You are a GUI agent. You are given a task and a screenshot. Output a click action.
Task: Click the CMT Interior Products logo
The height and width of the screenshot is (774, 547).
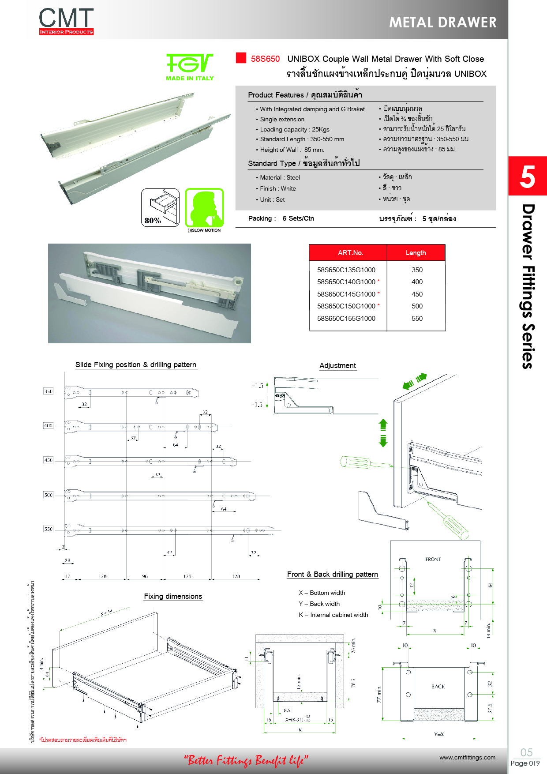66,21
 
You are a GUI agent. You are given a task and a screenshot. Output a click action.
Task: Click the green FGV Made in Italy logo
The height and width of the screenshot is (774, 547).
190,67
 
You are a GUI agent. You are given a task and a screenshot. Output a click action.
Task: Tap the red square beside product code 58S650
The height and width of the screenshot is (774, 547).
241,58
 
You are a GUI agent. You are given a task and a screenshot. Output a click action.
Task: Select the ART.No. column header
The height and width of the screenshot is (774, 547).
350,253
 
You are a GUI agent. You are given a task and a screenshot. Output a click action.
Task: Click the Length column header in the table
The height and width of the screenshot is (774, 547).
416,253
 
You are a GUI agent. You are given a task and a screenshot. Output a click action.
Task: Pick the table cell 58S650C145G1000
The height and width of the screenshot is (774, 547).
346,294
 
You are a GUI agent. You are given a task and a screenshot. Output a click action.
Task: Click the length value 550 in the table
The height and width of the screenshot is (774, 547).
417,318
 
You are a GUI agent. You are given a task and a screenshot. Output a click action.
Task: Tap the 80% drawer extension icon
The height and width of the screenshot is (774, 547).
160,207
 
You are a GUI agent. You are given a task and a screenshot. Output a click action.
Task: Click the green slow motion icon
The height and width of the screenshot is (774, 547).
204,207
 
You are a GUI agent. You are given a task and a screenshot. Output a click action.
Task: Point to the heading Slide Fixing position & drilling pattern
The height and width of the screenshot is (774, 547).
135,365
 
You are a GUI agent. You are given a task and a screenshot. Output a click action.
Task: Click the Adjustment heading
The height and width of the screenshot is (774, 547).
337,366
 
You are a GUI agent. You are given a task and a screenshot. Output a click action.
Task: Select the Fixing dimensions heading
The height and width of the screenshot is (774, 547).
173,597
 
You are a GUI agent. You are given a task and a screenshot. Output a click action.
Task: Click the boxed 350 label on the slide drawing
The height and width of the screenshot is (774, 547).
48,391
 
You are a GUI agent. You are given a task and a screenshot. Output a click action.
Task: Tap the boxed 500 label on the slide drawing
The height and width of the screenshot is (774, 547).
48,495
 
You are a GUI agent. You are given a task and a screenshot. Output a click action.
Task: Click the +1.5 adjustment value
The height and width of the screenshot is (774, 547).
257,386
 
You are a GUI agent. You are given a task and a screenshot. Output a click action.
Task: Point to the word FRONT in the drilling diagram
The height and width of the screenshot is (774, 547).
433,559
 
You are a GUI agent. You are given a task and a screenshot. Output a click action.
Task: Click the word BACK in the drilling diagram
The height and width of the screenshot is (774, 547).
438,687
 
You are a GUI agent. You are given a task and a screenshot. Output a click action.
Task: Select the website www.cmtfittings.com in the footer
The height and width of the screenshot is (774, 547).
467,758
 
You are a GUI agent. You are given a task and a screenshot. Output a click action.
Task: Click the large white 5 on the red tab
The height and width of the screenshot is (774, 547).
527,177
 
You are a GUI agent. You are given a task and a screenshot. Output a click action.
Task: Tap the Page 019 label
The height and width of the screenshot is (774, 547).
525,763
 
